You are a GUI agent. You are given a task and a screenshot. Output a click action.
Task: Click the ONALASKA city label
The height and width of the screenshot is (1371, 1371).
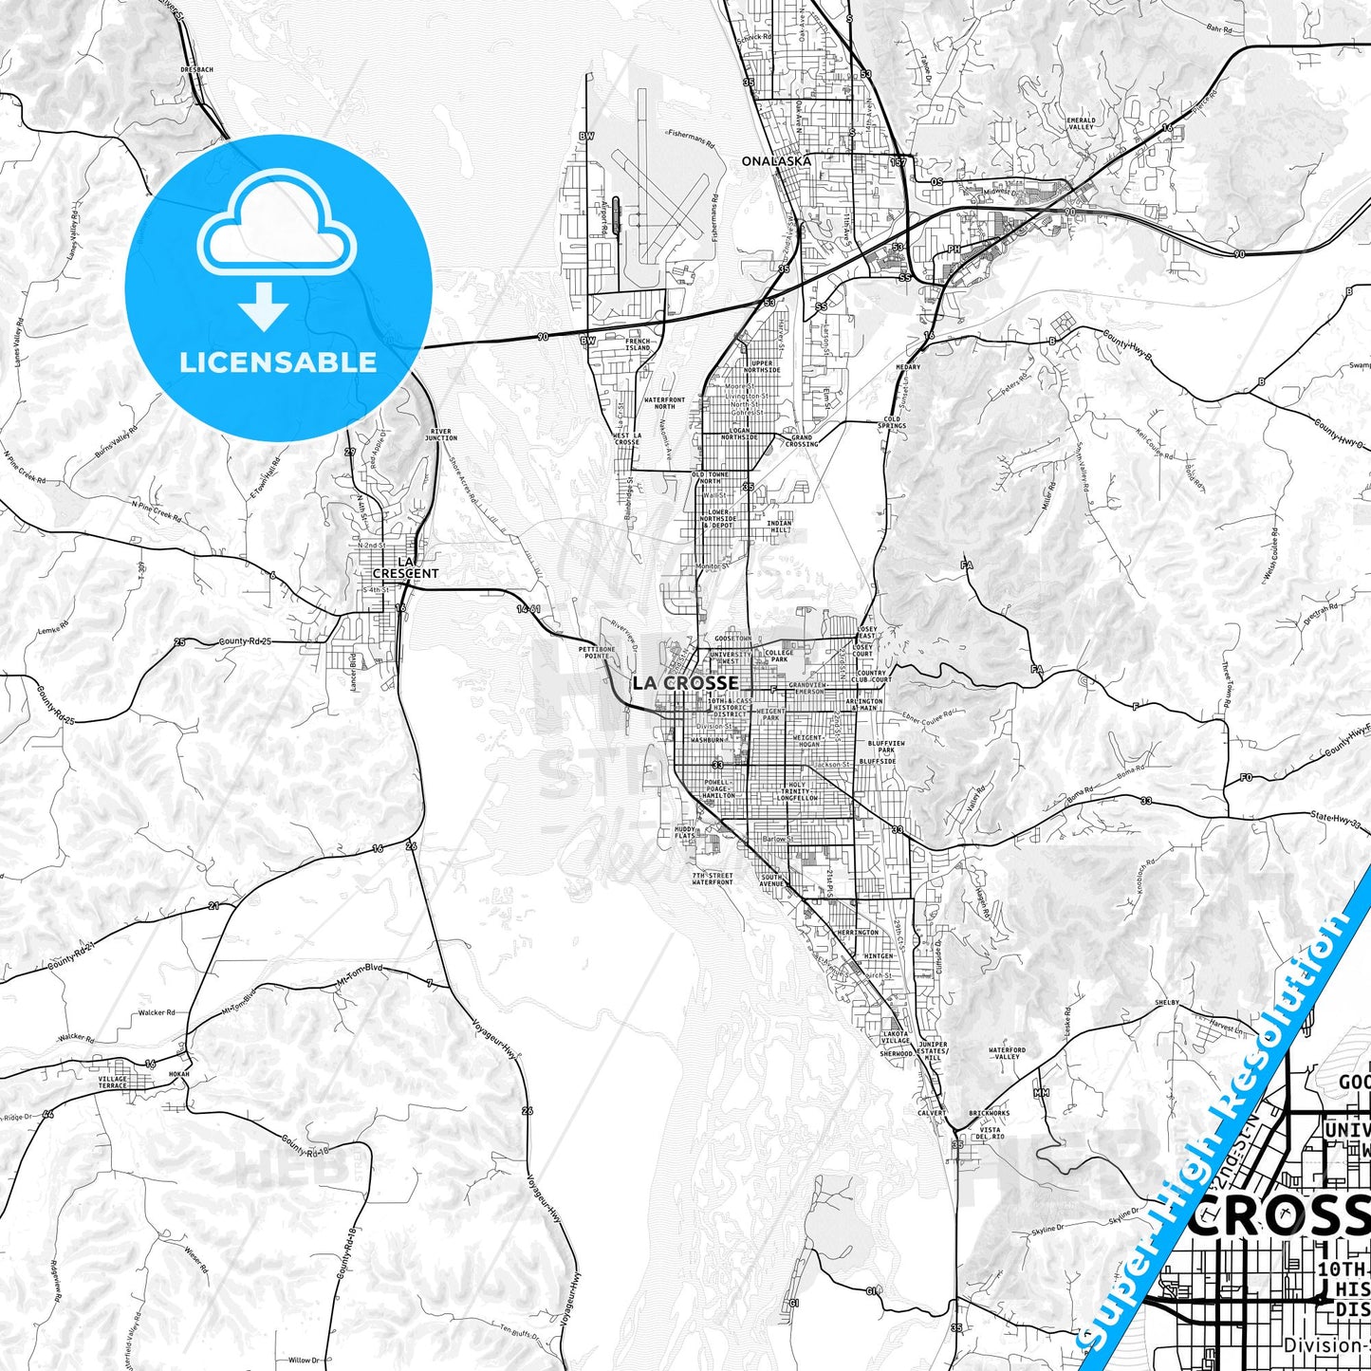pos(776,161)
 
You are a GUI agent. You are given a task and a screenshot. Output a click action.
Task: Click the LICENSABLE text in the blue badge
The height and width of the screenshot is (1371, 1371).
pos(278,362)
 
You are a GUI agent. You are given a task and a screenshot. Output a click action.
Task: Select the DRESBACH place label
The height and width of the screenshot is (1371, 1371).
pos(197,69)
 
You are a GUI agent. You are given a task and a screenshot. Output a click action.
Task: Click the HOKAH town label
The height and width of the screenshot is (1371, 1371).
pos(179,1074)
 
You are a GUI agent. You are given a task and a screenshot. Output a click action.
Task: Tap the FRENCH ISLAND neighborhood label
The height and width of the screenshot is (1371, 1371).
pos(638,344)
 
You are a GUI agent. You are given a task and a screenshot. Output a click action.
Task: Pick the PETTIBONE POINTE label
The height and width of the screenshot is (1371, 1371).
pos(597,652)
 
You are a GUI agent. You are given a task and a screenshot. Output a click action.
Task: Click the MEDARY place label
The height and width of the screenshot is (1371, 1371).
pos(908,367)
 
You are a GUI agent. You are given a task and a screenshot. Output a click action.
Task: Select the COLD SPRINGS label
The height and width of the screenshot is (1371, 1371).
pos(892,422)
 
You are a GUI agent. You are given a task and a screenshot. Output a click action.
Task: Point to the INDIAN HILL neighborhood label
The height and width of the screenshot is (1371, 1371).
pos(779,527)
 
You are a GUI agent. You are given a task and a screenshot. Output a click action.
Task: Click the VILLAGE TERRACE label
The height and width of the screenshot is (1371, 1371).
pos(112,1082)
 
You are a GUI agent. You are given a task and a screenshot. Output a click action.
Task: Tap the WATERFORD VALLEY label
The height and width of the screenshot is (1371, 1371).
pos(1007,1053)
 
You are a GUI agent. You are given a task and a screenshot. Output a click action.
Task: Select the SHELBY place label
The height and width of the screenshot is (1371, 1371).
pos(1166,1002)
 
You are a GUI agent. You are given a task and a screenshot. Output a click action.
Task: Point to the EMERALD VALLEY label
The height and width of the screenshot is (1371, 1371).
pos(1081,123)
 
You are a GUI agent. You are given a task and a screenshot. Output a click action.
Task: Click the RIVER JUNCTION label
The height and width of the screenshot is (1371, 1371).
pos(441,435)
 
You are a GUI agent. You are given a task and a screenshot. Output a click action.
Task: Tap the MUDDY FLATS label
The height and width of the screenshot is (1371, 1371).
pos(685,832)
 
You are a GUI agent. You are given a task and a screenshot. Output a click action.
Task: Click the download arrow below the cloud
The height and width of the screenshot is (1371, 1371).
pos(264,305)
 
